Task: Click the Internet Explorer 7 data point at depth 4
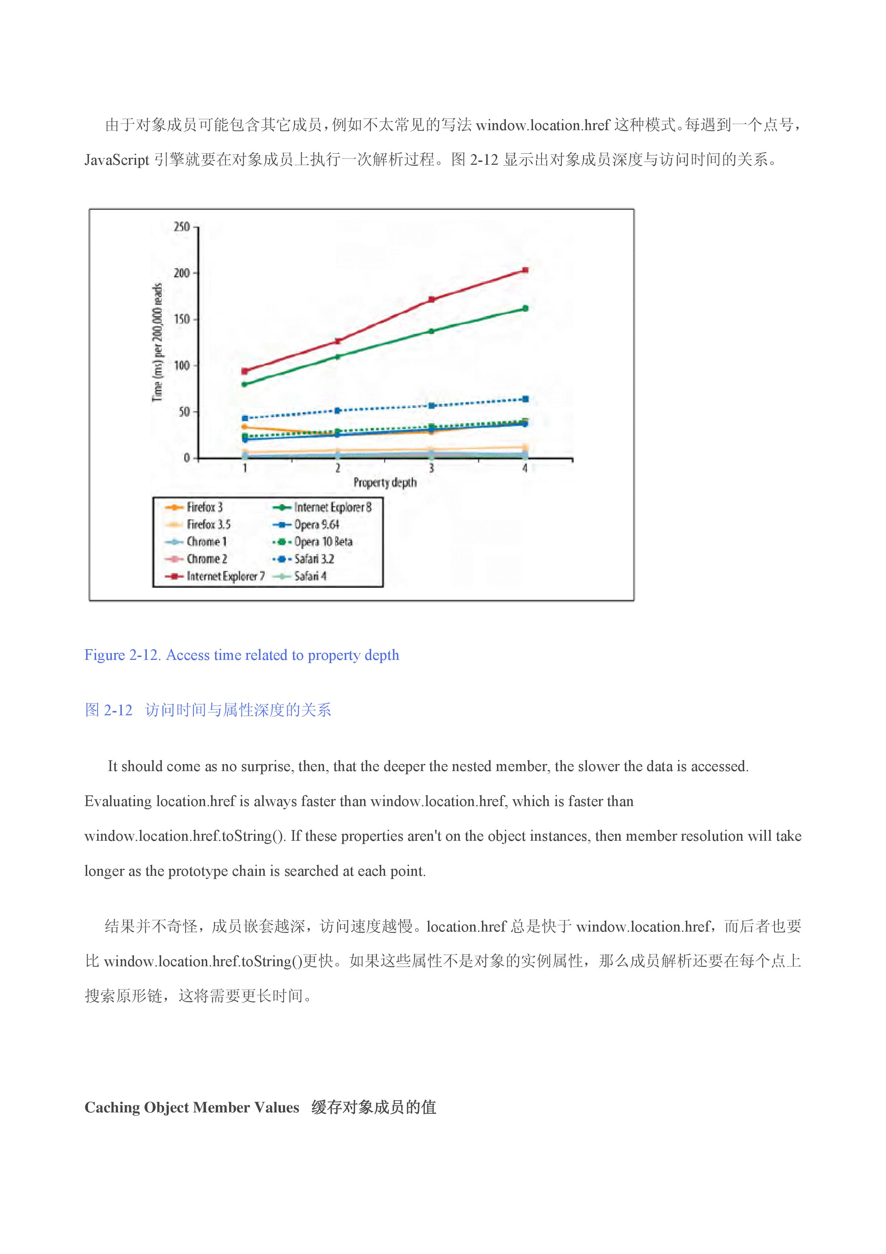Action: coord(525,270)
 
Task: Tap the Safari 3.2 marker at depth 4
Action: coord(525,399)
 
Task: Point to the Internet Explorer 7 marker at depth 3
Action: coord(431,299)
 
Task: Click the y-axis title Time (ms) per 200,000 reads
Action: coord(157,342)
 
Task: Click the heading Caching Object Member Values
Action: coord(191,1107)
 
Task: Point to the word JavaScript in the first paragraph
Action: coord(116,160)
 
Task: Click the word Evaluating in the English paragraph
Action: coord(118,801)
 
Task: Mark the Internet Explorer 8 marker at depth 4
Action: coord(525,308)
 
